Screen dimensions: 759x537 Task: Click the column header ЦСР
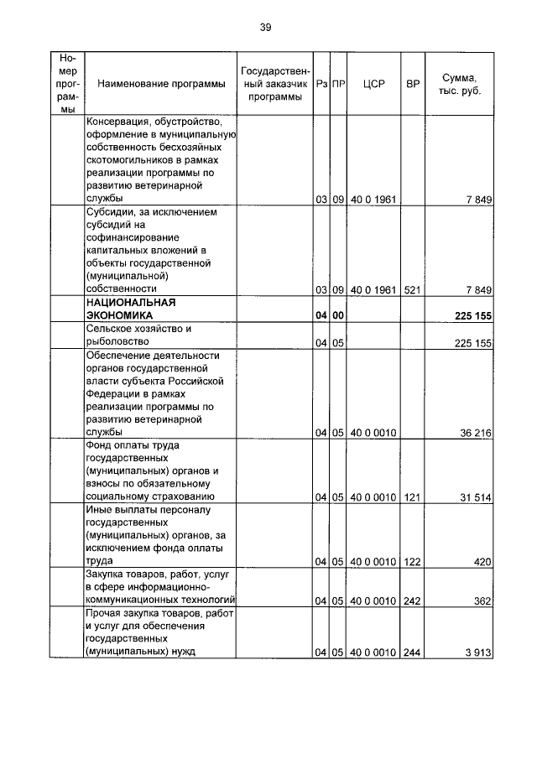pyautogui.click(x=373, y=84)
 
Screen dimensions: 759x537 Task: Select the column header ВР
pyautogui.click(x=412, y=84)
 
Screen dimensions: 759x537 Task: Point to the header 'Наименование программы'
pyautogui.click(x=161, y=84)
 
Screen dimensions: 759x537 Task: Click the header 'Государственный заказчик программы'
pyautogui.click(x=275, y=84)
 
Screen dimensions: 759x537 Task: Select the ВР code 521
pyautogui.click(x=412, y=289)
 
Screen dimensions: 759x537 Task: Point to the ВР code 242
pyautogui.click(x=412, y=600)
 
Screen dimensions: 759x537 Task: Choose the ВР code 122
pyautogui.click(x=412, y=562)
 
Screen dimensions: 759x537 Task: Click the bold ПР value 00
pyautogui.click(x=338, y=315)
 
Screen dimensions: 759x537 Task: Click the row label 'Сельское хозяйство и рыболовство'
pyautogui.click(x=134, y=335)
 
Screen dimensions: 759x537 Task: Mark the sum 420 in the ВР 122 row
pyautogui.click(x=482, y=562)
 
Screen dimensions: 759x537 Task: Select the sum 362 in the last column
pyautogui.click(x=482, y=600)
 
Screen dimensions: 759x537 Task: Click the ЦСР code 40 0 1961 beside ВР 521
pyautogui.click(x=373, y=289)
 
